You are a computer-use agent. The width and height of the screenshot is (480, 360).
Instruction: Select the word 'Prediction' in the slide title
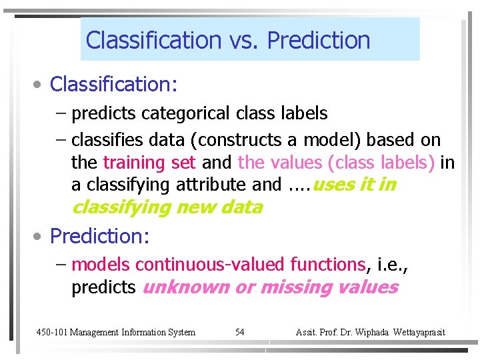[318, 41]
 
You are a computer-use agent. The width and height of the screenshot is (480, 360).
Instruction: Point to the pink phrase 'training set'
[149, 163]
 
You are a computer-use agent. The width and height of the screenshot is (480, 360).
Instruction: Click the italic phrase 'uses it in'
[353, 185]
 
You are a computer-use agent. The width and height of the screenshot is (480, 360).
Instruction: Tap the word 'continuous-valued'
[209, 265]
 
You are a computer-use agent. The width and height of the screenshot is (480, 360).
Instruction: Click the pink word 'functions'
[327, 265]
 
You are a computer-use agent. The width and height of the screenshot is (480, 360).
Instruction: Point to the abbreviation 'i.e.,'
[391, 265]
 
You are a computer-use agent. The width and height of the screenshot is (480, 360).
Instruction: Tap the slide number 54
[240, 332]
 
